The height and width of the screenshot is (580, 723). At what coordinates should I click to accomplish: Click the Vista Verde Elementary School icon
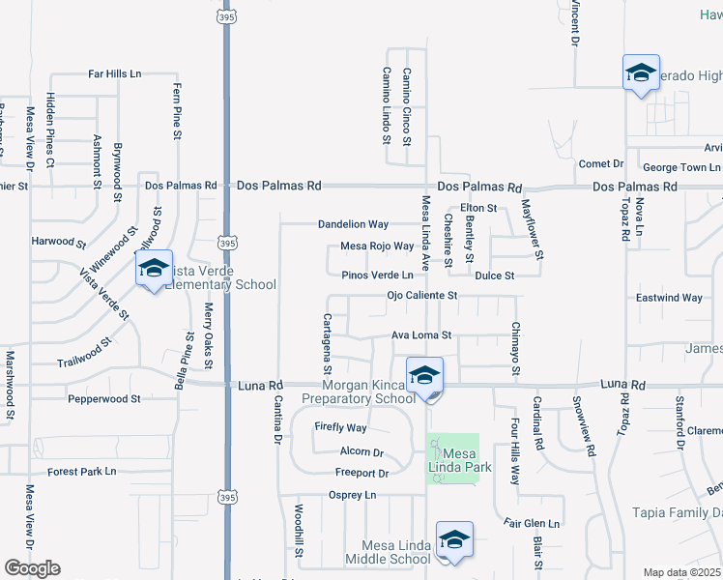154,270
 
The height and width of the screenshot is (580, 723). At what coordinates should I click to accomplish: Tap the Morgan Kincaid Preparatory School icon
424,377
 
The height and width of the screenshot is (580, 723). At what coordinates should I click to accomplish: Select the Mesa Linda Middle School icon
454,541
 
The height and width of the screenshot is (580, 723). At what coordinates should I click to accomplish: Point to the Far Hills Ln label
115,73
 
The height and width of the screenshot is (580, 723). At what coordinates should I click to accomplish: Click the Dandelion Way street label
353,224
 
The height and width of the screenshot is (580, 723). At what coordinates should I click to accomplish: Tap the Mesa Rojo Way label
377,246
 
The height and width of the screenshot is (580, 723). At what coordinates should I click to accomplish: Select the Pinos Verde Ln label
378,275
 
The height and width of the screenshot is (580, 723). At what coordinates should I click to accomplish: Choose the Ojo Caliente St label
420,296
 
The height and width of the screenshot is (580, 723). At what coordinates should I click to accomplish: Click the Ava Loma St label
421,335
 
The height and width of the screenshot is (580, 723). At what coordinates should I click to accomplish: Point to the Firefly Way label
340,427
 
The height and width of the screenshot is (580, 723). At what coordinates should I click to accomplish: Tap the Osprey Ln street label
352,495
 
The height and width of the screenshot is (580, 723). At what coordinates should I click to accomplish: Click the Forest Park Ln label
82,472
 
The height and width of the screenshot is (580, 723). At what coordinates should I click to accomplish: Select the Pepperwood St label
103,398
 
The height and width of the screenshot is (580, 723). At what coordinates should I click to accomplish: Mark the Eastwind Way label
669,299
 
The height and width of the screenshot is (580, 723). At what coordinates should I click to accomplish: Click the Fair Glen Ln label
531,524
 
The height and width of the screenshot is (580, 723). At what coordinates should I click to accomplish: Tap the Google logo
32,568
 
